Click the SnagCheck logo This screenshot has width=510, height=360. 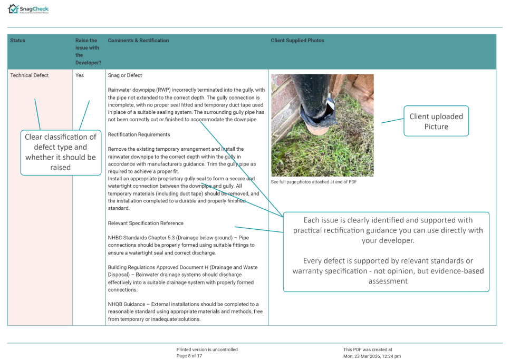(29, 9)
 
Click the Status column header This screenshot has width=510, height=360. (17, 41)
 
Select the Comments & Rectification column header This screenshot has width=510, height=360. (138, 41)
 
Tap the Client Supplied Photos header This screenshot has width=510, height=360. (297, 41)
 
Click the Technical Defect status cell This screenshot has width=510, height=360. (30, 75)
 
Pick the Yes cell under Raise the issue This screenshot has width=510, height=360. (80, 75)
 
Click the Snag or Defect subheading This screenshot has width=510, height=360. (125, 75)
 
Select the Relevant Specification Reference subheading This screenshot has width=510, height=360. (146, 223)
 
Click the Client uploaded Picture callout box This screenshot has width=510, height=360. (436, 121)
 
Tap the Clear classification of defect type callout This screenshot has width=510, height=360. (61, 152)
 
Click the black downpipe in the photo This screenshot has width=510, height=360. (311, 90)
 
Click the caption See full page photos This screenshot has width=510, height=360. (314, 182)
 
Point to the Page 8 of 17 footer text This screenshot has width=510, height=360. (189, 356)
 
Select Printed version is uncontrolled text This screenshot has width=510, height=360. (207, 349)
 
